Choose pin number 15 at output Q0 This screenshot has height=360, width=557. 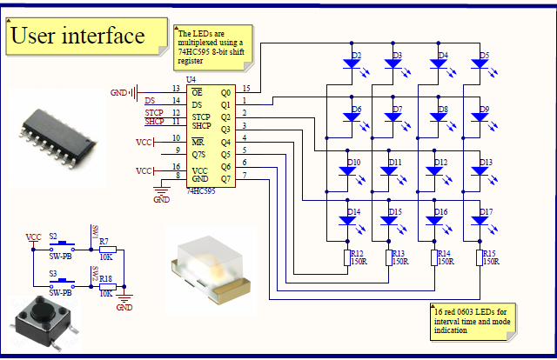click(247, 89)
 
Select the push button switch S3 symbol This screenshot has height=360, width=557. click(59, 283)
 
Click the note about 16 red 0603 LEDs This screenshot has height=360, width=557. click(474, 319)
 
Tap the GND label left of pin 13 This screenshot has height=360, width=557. click(118, 91)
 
